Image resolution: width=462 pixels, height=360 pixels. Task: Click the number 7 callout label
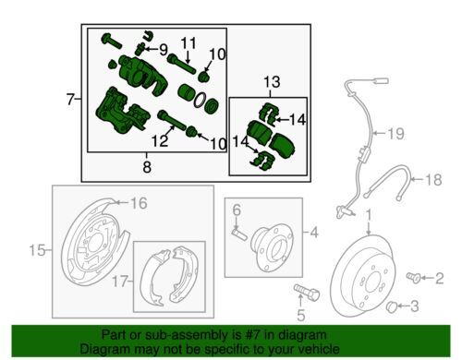[70, 99]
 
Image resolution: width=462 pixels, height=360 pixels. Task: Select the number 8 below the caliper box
[147, 167]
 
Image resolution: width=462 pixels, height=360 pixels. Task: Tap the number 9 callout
[164, 50]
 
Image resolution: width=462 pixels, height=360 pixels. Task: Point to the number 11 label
[188, 43]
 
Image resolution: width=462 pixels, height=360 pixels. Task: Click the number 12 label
[160, 141]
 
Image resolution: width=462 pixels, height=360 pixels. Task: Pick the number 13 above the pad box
[272, 82]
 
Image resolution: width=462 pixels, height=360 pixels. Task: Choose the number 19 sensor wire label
[395, 134]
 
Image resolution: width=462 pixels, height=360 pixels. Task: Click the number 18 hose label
[433, 180]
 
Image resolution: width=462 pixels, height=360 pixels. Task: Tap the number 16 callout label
[139, 203]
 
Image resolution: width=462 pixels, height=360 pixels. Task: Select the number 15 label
[37, 250]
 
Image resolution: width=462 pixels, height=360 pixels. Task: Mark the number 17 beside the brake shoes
[120, 282]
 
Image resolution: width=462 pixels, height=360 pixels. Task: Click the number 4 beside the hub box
[314, 233]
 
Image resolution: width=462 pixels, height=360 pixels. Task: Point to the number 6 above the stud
[237, 210]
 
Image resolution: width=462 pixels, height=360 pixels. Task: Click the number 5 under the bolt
[300, 315]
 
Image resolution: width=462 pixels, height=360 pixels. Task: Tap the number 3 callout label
[415, 306]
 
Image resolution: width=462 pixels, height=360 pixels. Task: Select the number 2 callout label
[439, 278]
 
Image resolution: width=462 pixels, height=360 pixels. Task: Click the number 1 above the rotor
[369, 215]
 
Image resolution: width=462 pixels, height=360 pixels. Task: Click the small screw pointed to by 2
[413, 277]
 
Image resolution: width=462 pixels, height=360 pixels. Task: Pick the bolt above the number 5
[307, 293]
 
